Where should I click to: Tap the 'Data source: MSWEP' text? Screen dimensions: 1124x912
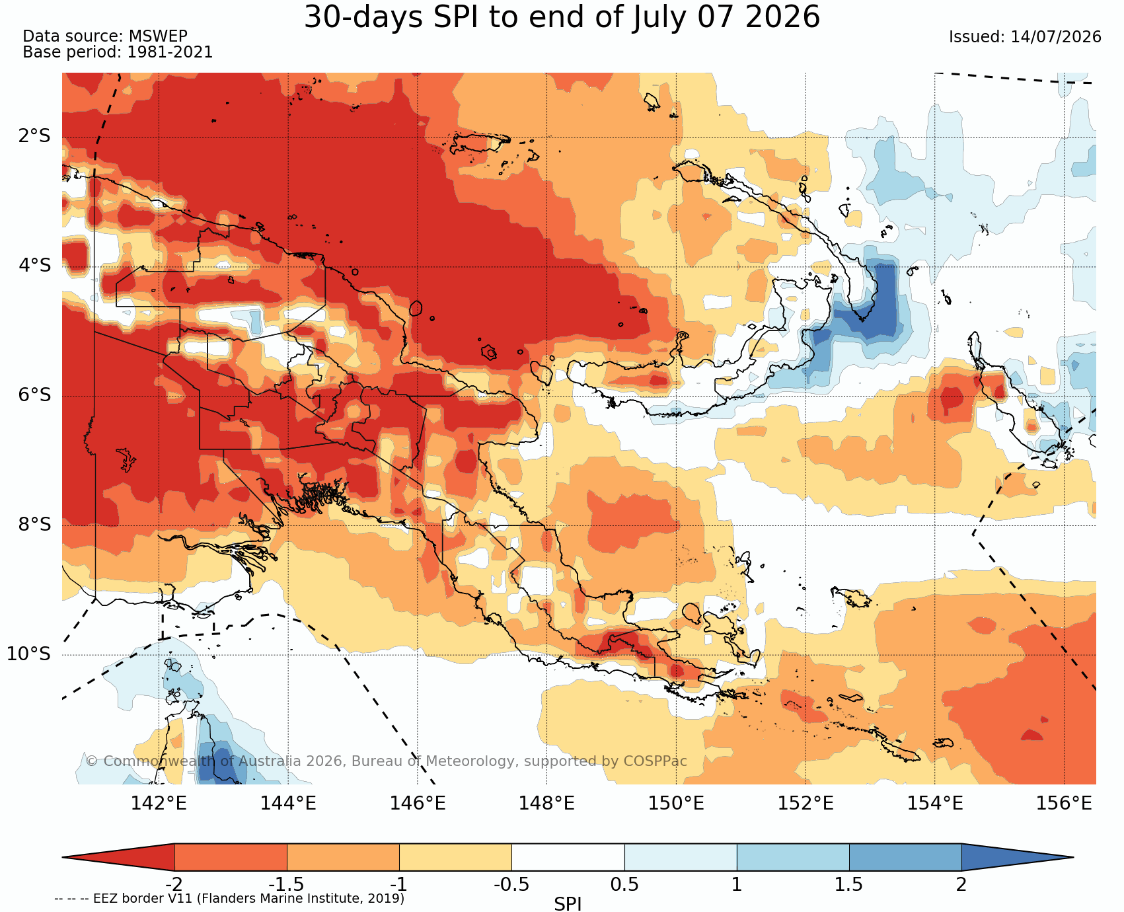pos(105,36)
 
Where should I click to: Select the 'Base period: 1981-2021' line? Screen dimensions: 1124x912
pos(118,52)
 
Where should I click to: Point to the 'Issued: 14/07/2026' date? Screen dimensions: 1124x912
pos(1025,37)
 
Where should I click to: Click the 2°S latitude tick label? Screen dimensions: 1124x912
pos(34,136)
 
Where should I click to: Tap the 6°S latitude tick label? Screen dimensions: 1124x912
pos(34,395)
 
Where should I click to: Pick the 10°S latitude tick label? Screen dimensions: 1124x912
pos(29,654)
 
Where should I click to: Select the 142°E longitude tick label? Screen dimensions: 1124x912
pos(159,804)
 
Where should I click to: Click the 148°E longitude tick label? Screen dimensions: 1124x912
pos(546,804)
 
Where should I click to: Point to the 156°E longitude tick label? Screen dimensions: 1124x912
pos(1064,804)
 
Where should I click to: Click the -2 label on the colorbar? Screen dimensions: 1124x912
pos(174,884)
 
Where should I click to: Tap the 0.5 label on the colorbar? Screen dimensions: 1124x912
pos(624,884)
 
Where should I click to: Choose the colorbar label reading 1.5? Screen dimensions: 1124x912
pos(849,884)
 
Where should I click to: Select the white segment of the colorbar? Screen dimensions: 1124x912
pos(568,857)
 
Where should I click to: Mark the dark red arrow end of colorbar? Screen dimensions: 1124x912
pos(118,857)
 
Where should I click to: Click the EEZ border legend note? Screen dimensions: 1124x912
pos(229,899)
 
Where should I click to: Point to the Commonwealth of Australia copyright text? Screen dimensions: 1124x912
pos(387,761)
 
